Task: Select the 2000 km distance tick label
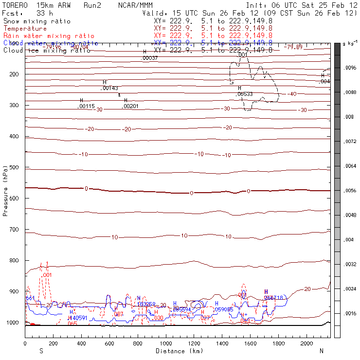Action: tap(306, 343)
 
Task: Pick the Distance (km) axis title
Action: tap(177, 351)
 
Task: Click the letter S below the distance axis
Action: tap(41, 351)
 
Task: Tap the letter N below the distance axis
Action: tap(321, 351)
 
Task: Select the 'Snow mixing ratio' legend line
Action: tap(36, 21)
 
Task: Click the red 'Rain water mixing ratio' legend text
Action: tap(42, 36)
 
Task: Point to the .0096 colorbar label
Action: tap(350, 69)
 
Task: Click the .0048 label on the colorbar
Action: tap(350, 215)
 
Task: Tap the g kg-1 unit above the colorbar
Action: tap(349, 44)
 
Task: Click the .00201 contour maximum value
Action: tap(130, 106)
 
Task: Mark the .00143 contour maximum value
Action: tap(109, 88)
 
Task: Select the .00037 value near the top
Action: tap(149, 58)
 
